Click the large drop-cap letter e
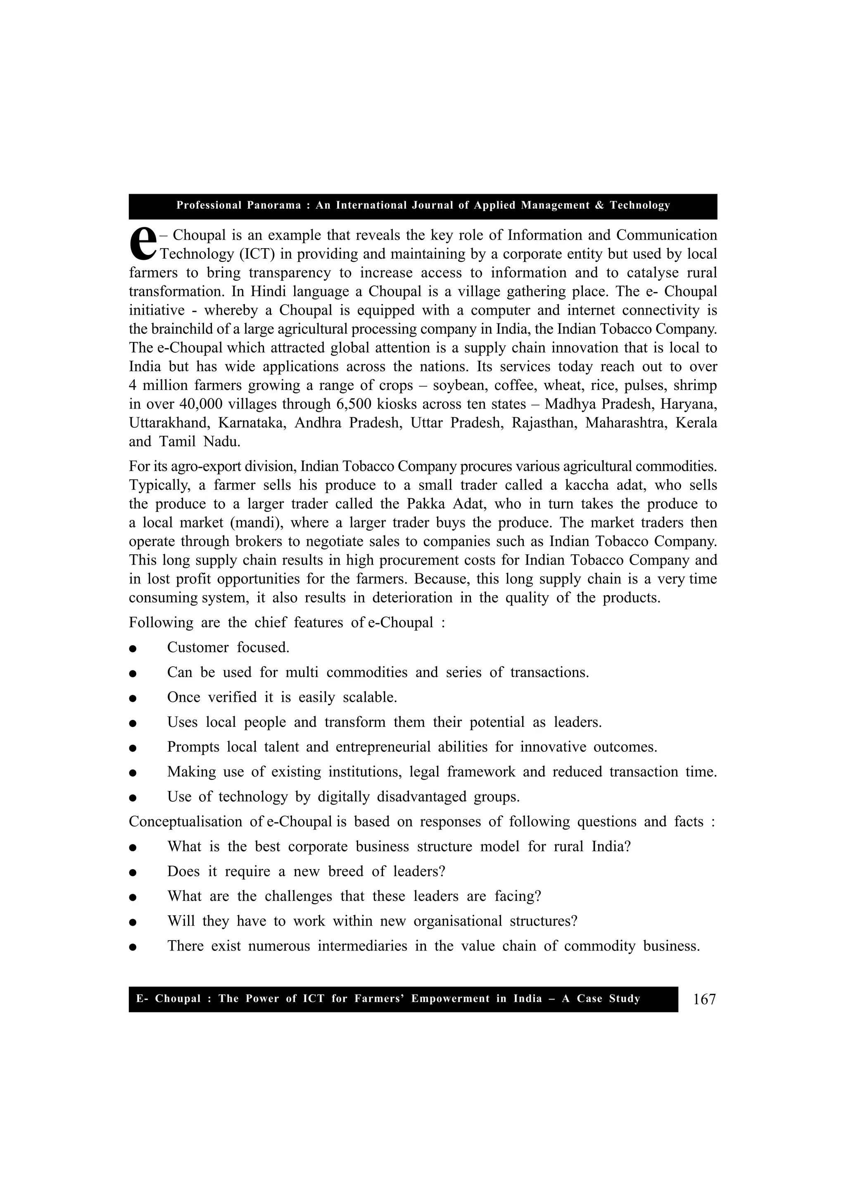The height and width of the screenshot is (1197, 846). pos(142,244)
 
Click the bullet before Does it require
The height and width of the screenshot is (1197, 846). pos(133,873)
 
